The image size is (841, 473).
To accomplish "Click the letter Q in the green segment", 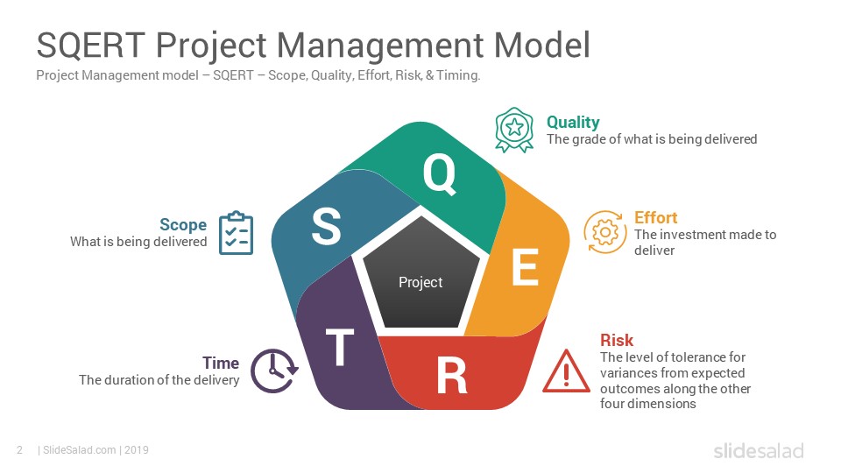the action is (x=439, y=173).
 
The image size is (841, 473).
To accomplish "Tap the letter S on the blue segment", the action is (x=326, y=226).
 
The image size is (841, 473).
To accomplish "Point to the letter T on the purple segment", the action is (x=340, y=347).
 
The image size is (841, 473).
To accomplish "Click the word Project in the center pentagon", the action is (x=420, y=283).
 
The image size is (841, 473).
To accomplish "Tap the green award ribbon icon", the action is (x=514, y=130).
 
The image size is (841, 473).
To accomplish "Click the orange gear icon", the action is (x=605, y=232).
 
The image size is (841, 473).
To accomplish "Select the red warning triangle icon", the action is (x=567, y=371).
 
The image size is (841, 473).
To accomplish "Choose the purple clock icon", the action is (x=274, y=371).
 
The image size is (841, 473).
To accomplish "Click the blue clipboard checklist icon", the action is (x=236, y=233).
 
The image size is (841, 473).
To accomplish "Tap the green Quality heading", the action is (x=573, y=123).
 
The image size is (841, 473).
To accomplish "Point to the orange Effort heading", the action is (x=655, y=218).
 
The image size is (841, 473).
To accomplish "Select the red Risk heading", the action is (x=617, y=341).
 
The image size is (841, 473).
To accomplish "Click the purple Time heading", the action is (x=221, y=363).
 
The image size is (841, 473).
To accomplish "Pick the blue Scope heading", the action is (x=183, y=225).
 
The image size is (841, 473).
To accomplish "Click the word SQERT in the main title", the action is (x=90, y=45).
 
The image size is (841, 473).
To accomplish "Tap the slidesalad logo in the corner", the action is (x=759, y=450).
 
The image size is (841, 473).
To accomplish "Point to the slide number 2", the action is (x=20, y=450).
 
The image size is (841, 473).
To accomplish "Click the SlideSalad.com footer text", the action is (x=81, y=450).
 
